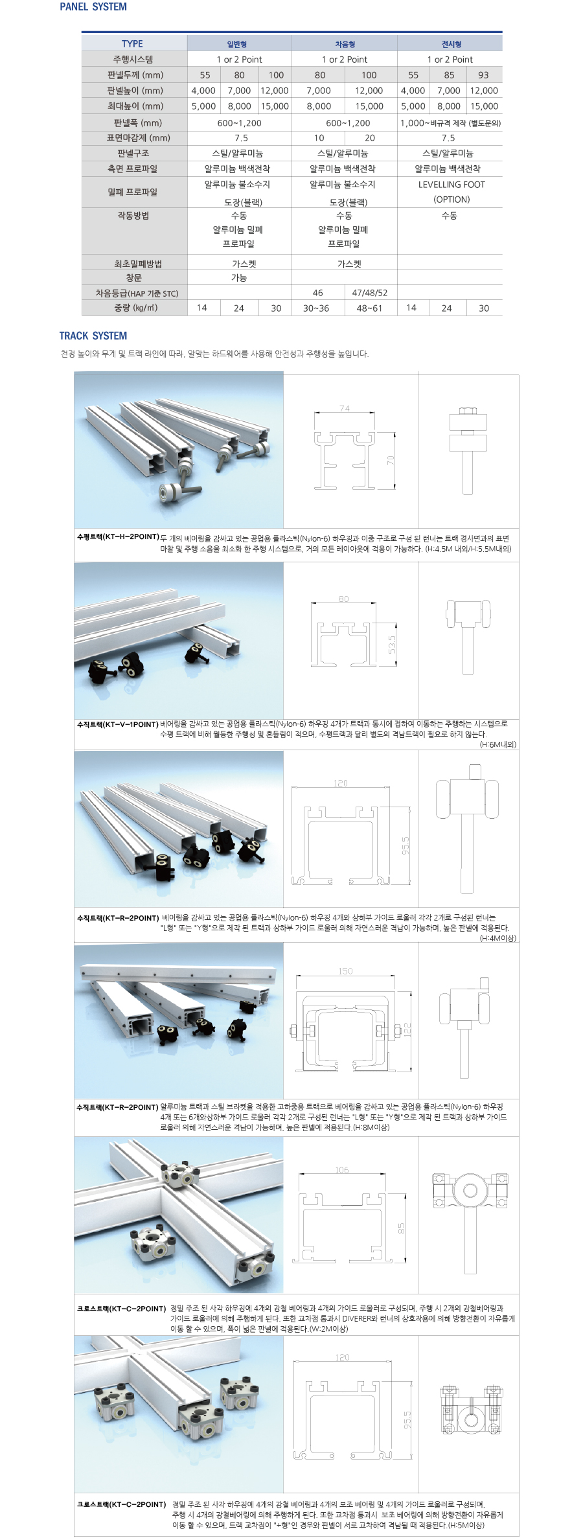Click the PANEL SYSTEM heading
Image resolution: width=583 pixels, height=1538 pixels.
click(93, 7)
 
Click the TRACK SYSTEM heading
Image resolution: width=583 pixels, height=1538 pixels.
click(93, 336)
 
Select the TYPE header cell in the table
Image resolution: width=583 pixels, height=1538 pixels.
click(132, 44)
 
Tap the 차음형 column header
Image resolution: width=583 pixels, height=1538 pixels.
click(345, 44)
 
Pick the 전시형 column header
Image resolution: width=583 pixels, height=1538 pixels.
click(451, 44)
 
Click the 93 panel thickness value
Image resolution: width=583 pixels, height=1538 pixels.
click(483, 75)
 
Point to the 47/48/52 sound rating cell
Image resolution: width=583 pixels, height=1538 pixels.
click(370, 293)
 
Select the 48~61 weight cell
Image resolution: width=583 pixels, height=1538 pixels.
click(369, 308)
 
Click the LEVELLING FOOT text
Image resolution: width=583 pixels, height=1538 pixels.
click(452, 185)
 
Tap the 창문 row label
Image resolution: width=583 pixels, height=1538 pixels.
click(133, 277)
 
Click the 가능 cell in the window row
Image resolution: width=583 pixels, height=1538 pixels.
click(239, 277)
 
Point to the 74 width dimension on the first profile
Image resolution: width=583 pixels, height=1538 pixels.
click(344, 409)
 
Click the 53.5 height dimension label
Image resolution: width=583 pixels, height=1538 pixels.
click(392, 644)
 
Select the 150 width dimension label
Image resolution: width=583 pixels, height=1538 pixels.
click(345, 971)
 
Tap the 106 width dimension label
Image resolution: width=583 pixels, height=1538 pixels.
click(342, 1170)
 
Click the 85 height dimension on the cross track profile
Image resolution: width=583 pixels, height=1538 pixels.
click(402, 1228)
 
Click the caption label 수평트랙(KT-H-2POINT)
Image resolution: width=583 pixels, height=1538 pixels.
click(118, 537)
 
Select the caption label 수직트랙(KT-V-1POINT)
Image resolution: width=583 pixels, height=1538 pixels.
click(117, 724)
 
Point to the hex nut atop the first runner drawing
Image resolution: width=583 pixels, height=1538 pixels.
click(468, 411)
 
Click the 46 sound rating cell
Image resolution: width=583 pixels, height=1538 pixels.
click(317, 293)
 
